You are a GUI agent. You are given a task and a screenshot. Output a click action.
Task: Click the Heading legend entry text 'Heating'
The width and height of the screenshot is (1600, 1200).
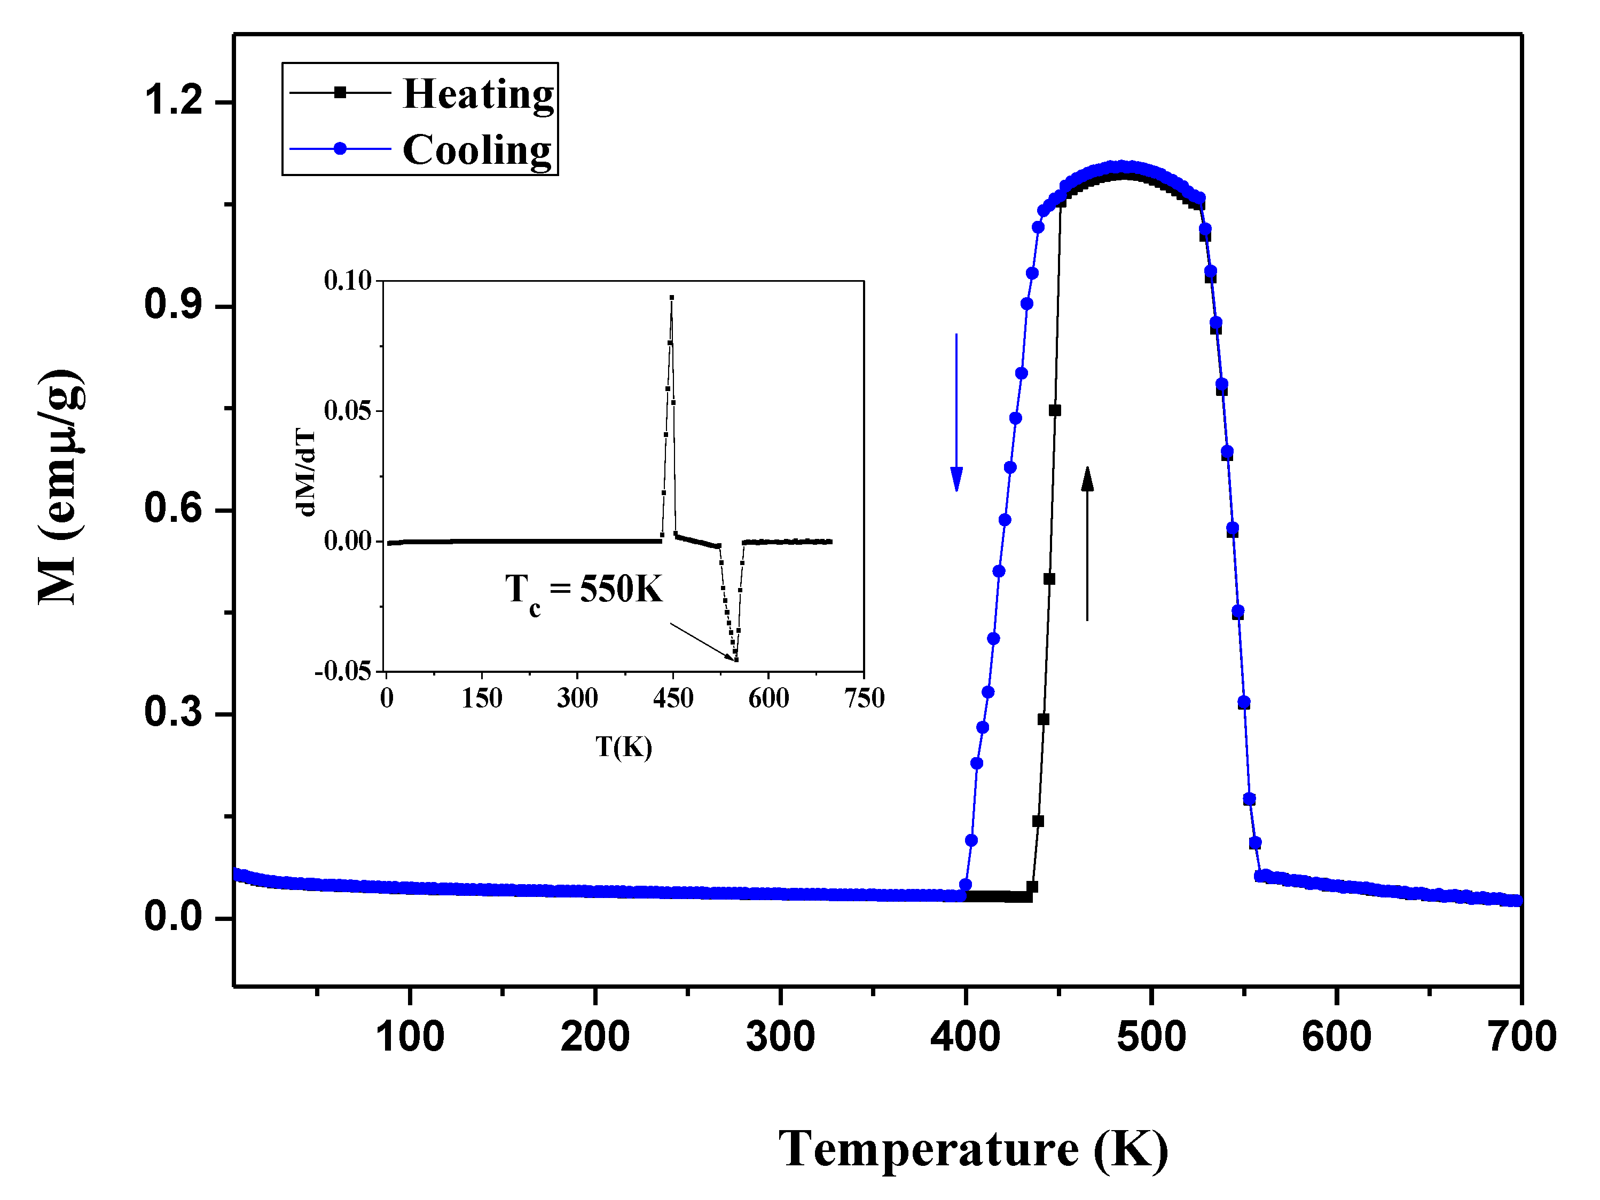pyautogui.click(x=478, y=94)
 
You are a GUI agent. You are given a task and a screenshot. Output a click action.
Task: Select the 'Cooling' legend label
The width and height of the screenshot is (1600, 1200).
pyautogui.click(x=477, y=150)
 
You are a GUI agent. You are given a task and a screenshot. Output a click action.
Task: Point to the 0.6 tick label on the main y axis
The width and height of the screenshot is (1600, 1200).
pyautogui.click(x=174, y=507)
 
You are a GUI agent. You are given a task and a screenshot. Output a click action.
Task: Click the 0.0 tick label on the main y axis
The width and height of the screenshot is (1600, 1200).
pyautogui.click(x=174, y=917)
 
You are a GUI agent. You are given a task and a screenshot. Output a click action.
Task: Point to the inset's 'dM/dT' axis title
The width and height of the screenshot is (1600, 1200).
pyautogui.click(x=306, y=471)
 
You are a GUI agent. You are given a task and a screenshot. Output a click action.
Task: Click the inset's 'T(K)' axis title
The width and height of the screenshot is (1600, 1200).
pyautogui.click(x=624, y=747)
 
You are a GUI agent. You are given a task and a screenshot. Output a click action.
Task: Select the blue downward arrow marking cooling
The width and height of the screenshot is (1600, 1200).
pyautogui.click(x=956, y=412)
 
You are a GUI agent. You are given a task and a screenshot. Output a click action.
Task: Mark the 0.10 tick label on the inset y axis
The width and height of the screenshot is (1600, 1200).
pyautogui.click(x=347, y=281)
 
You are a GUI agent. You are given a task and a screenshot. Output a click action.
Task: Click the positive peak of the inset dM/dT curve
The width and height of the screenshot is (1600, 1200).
pyautogui.click(x=672, y=298)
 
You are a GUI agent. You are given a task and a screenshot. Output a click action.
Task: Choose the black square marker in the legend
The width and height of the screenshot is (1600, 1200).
pyautogui.click(x=340, y=92)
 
